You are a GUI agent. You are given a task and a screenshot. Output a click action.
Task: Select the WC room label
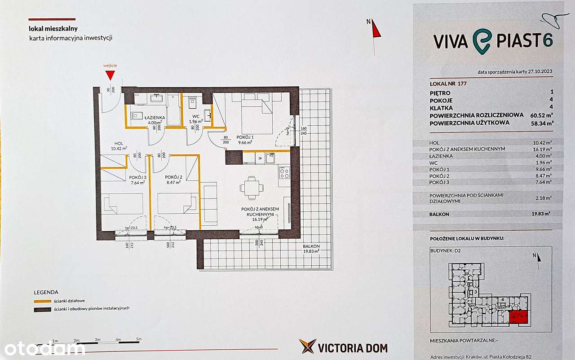196,117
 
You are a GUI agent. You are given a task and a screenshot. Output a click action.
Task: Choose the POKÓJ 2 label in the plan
173,177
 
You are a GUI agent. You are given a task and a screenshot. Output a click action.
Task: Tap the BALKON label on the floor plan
311,246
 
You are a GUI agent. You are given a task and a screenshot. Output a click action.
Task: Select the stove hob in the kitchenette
284,173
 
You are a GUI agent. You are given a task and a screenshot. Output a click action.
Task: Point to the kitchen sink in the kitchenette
271,158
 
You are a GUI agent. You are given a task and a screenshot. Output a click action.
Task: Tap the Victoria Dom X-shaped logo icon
308,346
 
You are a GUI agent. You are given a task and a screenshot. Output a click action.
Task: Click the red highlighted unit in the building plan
518,317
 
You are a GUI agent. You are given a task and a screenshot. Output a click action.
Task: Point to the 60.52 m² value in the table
540,115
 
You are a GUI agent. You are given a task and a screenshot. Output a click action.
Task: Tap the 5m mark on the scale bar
139,339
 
